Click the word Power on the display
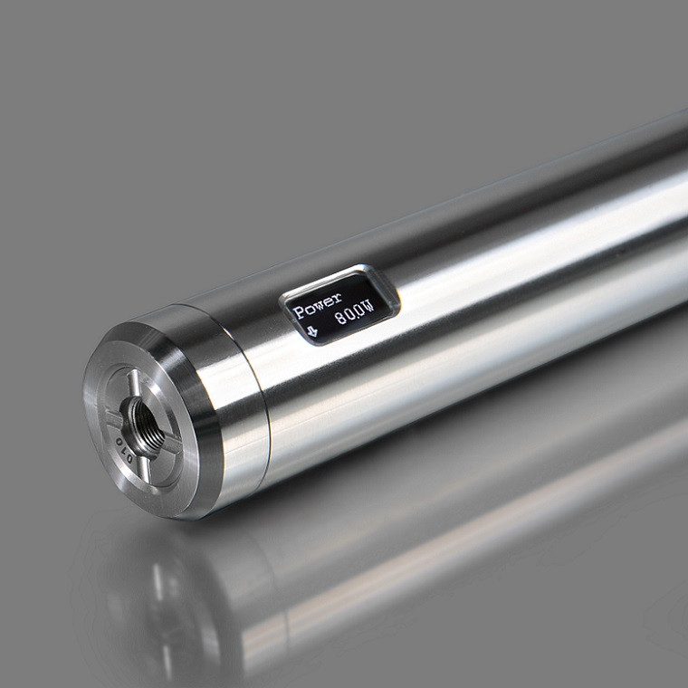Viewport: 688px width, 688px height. click(x=318, y=303)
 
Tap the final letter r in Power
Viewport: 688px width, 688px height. click(x=337, y=296)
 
